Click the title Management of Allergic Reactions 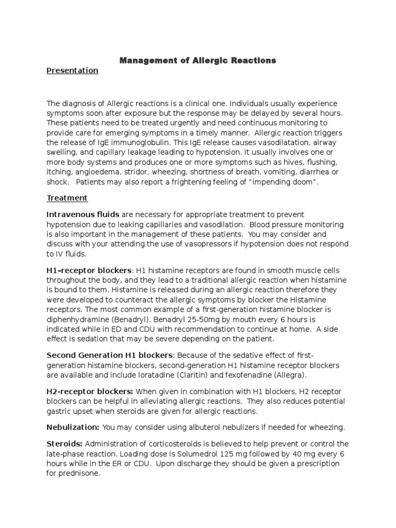pos(198,61)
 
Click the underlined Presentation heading pos(72,71)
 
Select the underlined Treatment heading pos(67,198)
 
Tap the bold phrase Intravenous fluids pos(83,214)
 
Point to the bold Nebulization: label pos(73,427)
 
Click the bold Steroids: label pos(65,443)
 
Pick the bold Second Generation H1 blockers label pos(110,356)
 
